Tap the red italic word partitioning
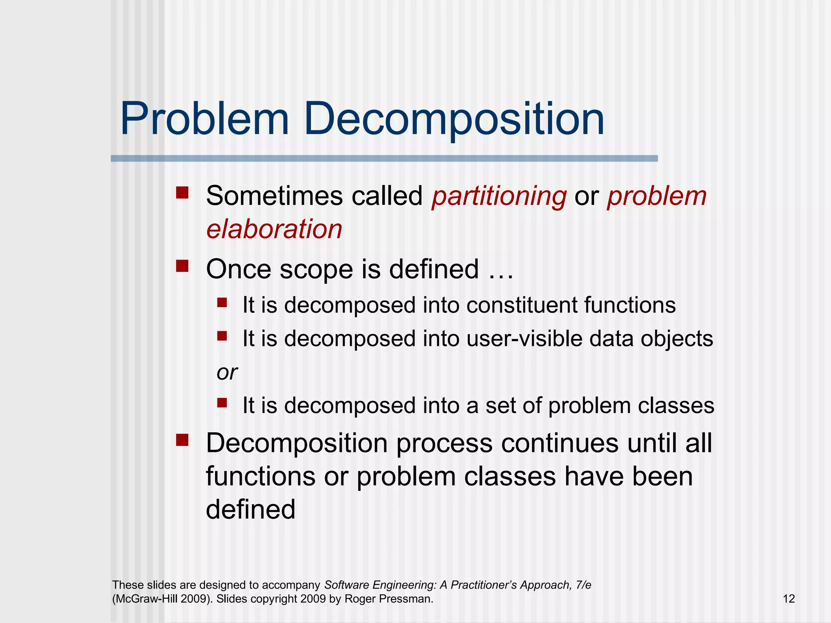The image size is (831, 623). [x=499, y=197]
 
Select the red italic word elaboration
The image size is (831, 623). [x=274, y=229]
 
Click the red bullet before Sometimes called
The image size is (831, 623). [x=182, y=192]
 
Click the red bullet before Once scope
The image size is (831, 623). [x=182, y=266]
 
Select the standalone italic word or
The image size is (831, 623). [x=227, y=373]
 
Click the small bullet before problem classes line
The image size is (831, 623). [x=222, y=402]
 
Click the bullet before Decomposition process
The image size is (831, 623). [x=182, y=440]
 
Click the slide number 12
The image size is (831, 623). [x=788, y=599]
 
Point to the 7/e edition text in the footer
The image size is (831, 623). [x=583, y=585]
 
